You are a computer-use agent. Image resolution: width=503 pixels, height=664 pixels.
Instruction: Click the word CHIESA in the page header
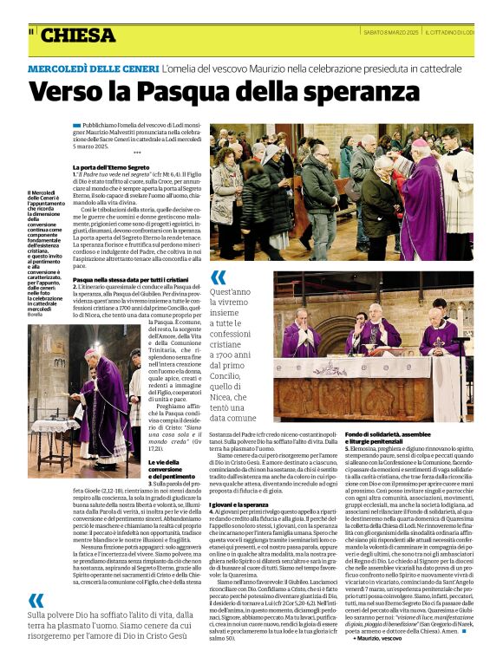77,36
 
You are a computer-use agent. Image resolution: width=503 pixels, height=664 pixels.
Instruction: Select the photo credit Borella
35,313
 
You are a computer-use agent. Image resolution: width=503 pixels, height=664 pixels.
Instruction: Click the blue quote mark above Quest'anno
218,277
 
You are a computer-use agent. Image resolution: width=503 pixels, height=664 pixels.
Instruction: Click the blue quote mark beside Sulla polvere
36,600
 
